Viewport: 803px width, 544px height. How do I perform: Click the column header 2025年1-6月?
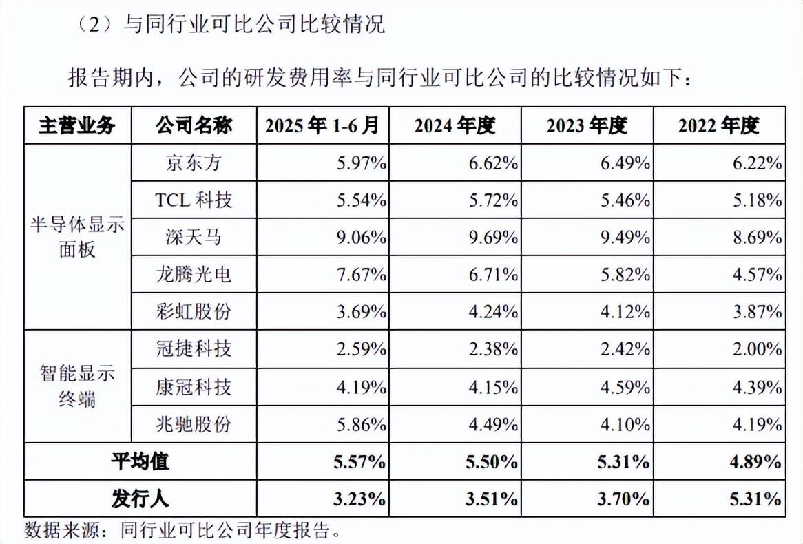coord(322,125)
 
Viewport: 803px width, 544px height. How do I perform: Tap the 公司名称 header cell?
coord(194,125)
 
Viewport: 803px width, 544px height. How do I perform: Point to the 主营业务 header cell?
coord(77,125)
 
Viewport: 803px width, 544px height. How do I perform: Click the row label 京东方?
coord(194,163)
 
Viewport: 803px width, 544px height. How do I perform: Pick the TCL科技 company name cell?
coord(194,200)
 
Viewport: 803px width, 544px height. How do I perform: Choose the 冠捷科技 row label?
coord(194,349)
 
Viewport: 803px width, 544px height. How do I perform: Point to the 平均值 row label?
coord(140,461)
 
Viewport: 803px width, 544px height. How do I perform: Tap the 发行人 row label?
coord(140,499)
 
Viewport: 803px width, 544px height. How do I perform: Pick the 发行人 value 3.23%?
coord(358,499)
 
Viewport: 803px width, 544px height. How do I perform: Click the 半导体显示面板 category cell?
coord(77,238)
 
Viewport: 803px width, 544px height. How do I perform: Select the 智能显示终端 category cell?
coord(77,387)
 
